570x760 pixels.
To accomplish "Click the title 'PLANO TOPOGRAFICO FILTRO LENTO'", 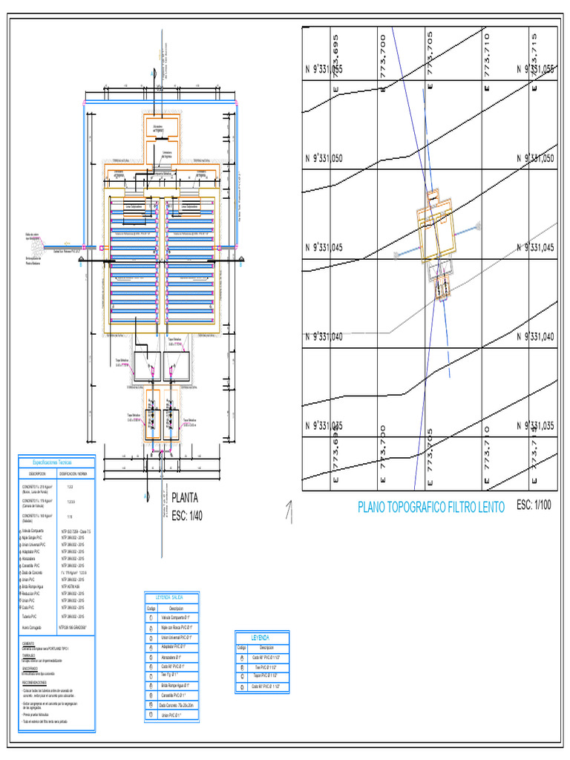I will point(431,508).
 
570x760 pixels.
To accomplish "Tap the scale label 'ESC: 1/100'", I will point(535,506).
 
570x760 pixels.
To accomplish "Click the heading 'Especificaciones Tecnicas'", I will point(56,462).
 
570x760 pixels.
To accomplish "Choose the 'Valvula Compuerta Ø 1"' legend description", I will point(177,617).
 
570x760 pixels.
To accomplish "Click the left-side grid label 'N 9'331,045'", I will point(324,248).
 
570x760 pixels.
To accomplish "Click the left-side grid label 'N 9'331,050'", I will point(324,159).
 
